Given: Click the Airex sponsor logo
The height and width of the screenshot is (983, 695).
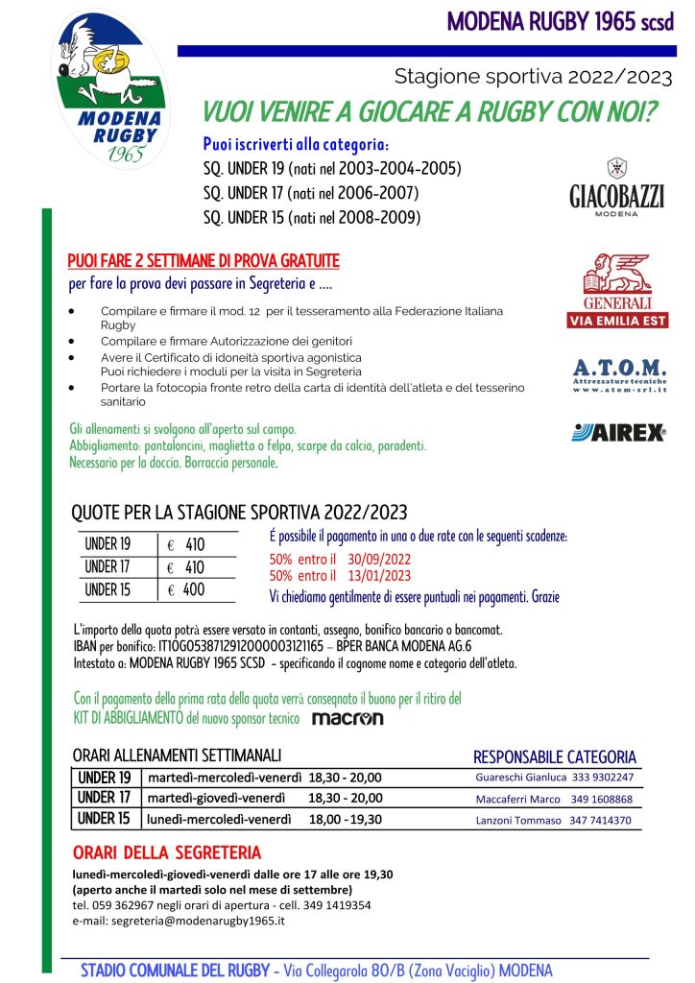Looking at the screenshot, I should tap(618, 433).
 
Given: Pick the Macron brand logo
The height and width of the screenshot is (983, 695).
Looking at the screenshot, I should tap(347, 717).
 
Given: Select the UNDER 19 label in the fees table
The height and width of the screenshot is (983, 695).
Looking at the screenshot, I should tap(108, 544).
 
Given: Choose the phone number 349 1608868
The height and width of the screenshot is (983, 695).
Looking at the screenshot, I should tap(601, 799).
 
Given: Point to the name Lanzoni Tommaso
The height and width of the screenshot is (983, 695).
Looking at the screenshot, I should tap(518, 821).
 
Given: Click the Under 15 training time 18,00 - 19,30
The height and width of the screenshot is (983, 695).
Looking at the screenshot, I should tap(346, 820).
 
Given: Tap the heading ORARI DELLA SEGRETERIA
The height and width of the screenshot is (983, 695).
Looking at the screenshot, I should tap(166, 852).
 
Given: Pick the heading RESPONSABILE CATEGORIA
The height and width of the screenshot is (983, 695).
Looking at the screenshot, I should tap(555, 756).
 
